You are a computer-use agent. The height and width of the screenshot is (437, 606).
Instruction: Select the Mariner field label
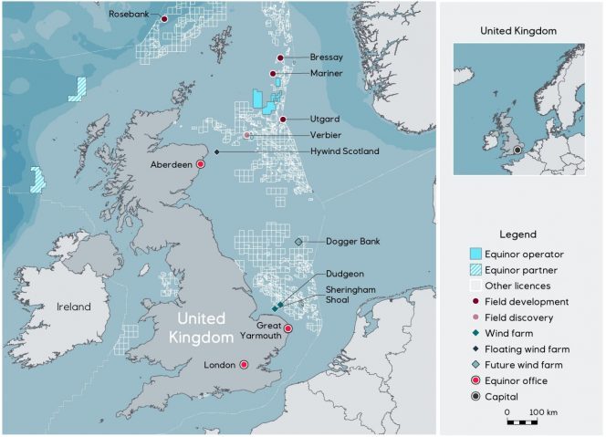point(326,74)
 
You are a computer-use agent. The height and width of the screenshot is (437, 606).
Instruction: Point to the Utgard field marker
point(284,120)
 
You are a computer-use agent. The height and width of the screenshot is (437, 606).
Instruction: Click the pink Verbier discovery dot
point(247,136)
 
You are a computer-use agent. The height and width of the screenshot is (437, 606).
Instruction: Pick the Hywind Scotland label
point(344,151)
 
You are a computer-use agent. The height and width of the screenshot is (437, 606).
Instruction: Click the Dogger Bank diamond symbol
point(298,241)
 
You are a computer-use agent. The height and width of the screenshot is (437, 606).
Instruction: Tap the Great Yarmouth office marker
point(287,328)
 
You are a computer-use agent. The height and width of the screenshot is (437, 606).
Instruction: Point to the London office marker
point(244,365)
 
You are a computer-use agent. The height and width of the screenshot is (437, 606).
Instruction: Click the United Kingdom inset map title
point(518,30)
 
